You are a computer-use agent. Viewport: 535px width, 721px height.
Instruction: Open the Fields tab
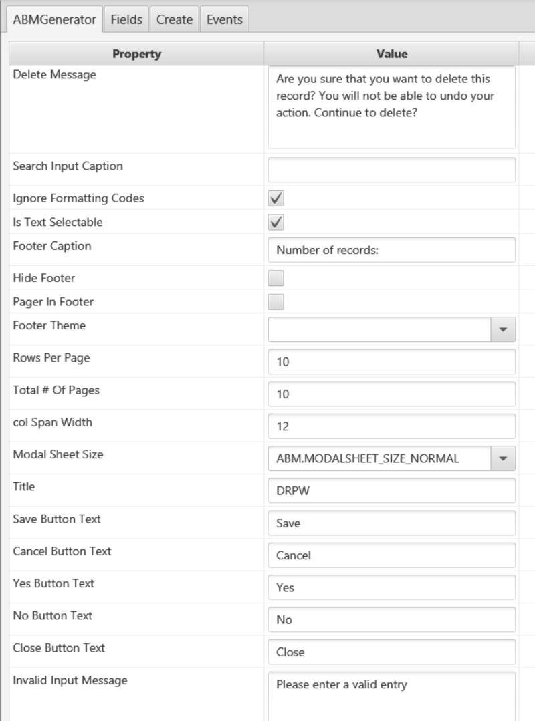pos(126,19)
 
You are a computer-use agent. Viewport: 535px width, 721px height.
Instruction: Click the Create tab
pos(175,19)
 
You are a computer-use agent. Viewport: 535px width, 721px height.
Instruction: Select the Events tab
pos(224,19)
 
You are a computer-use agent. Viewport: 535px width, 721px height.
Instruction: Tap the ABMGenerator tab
pos(54,19)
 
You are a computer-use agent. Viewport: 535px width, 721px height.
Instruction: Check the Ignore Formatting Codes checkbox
pos(276,198)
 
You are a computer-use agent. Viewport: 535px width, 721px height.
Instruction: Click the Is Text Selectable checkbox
pos(276,222)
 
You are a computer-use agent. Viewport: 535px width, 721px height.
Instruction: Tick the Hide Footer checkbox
pos(276,278)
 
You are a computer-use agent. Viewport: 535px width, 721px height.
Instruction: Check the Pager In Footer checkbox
pos(276,302)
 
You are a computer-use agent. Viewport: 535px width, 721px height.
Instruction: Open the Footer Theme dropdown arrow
pos(503,330)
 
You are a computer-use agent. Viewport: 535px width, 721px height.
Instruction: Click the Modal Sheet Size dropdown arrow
pos(503,458)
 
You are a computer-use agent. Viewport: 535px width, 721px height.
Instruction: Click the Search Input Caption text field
pos(391,170)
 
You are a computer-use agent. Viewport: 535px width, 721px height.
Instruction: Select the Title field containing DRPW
pos(391,491)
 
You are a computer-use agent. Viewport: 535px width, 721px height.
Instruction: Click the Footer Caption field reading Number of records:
pos(391,250)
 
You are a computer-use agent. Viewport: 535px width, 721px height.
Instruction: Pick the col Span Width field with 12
pos(391,426)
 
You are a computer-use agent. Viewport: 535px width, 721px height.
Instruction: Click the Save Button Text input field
pos(391,523)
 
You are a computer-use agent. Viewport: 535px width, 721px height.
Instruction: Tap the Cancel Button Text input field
pos(391,555)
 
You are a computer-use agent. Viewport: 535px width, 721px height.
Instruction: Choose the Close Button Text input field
pos(391,652)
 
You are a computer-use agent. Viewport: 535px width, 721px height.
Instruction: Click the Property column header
pos(136,54)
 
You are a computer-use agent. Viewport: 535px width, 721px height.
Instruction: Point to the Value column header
pos(391,54)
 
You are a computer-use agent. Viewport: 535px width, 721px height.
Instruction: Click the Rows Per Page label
pos(51,357)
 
